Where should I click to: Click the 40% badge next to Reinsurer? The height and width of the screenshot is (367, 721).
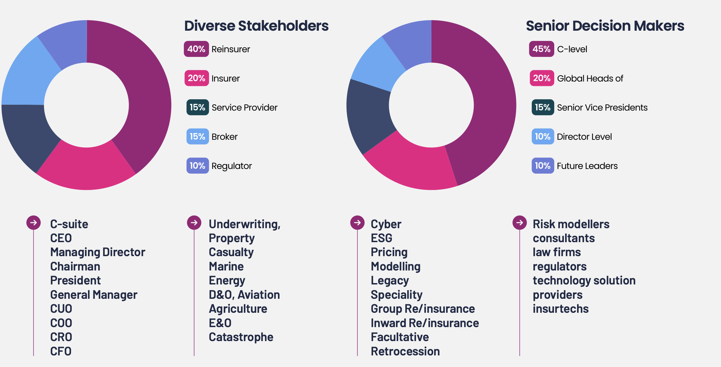[x=196, y=49]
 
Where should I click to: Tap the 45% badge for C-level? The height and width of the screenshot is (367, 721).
[x=541, y=49]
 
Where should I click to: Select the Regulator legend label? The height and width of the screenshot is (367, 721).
[x=232, y=166]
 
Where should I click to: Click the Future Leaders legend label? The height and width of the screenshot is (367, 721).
[x=587, y=166]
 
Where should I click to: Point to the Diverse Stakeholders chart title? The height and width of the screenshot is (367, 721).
[x=256, y=26]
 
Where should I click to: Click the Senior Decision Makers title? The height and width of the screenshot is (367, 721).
[x=605, y=26]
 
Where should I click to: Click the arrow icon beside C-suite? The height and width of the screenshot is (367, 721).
[x=33, y=223]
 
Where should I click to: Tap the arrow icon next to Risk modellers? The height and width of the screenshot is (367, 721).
[x=519, y=223]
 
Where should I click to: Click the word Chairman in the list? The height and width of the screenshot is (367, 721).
[x=75, y=266]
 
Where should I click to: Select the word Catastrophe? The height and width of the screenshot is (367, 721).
[x=241, y=337]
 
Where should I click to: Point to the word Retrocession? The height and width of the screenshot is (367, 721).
[x=405, y=351]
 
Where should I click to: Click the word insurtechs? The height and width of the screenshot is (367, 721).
[x=560, y=309]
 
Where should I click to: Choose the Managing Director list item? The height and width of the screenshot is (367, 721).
[x=98, y=252]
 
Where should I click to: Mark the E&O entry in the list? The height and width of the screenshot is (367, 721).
[x=220, y=323]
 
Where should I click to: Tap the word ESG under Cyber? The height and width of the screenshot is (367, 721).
[x=381, y=238]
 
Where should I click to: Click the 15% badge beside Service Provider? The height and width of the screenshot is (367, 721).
[x=197, y=107]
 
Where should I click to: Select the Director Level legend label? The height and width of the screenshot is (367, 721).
[x=584, y=137]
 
